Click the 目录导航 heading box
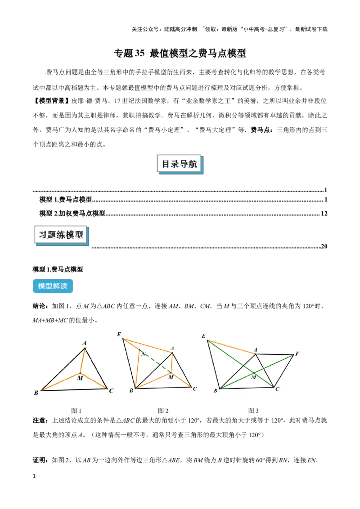point(180,165)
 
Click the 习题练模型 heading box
point(61,235)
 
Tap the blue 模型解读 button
point(53,286)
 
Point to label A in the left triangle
point(85,343)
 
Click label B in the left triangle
point(36,393)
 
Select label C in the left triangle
point(111,391)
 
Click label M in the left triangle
point(80,378)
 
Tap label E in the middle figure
point(119,334)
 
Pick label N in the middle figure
point(143,354)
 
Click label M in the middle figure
point(171,377)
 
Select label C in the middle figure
point(194,388)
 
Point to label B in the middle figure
point(131,391)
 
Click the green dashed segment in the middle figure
point(155,362)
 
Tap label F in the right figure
point(297,353)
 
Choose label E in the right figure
point(204,336)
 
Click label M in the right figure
point(253,377)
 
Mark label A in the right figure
point(256,349)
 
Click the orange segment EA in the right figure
point(232,347)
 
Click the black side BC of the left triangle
point(74,389)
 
